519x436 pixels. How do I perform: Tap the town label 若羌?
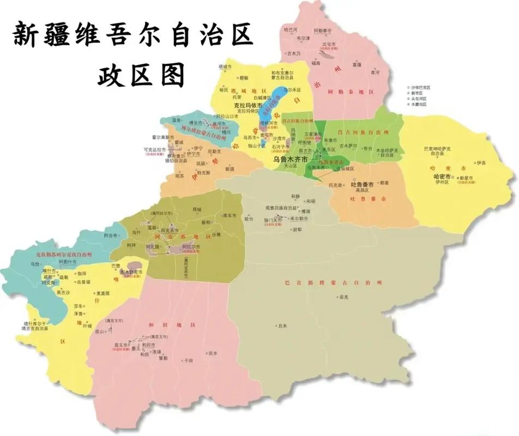click(343, 297)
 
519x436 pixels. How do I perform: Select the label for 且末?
click(282, 326)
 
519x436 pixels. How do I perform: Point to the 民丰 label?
click(213, 353)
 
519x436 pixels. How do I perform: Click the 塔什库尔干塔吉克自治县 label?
click(35, 326)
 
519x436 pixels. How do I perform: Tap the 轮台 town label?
click(249, 219)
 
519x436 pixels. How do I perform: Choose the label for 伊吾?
click(480, 162)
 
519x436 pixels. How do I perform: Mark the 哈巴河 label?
click(291, 29)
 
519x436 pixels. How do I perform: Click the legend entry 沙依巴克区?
click(420, 87)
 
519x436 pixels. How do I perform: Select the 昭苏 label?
click(180, 175)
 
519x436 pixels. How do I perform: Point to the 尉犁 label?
click(298, 229)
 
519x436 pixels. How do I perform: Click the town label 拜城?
click(197, 209)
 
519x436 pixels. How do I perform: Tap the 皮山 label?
click(99, 331)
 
